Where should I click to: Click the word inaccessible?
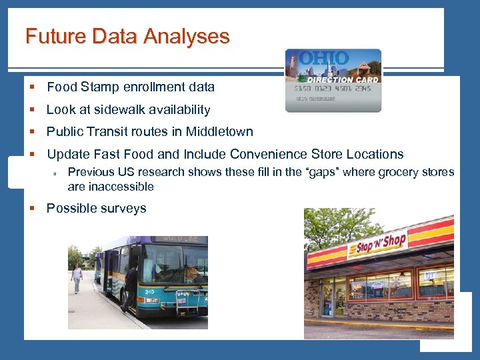pos(121,187)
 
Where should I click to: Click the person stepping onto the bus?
pos(130,287)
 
